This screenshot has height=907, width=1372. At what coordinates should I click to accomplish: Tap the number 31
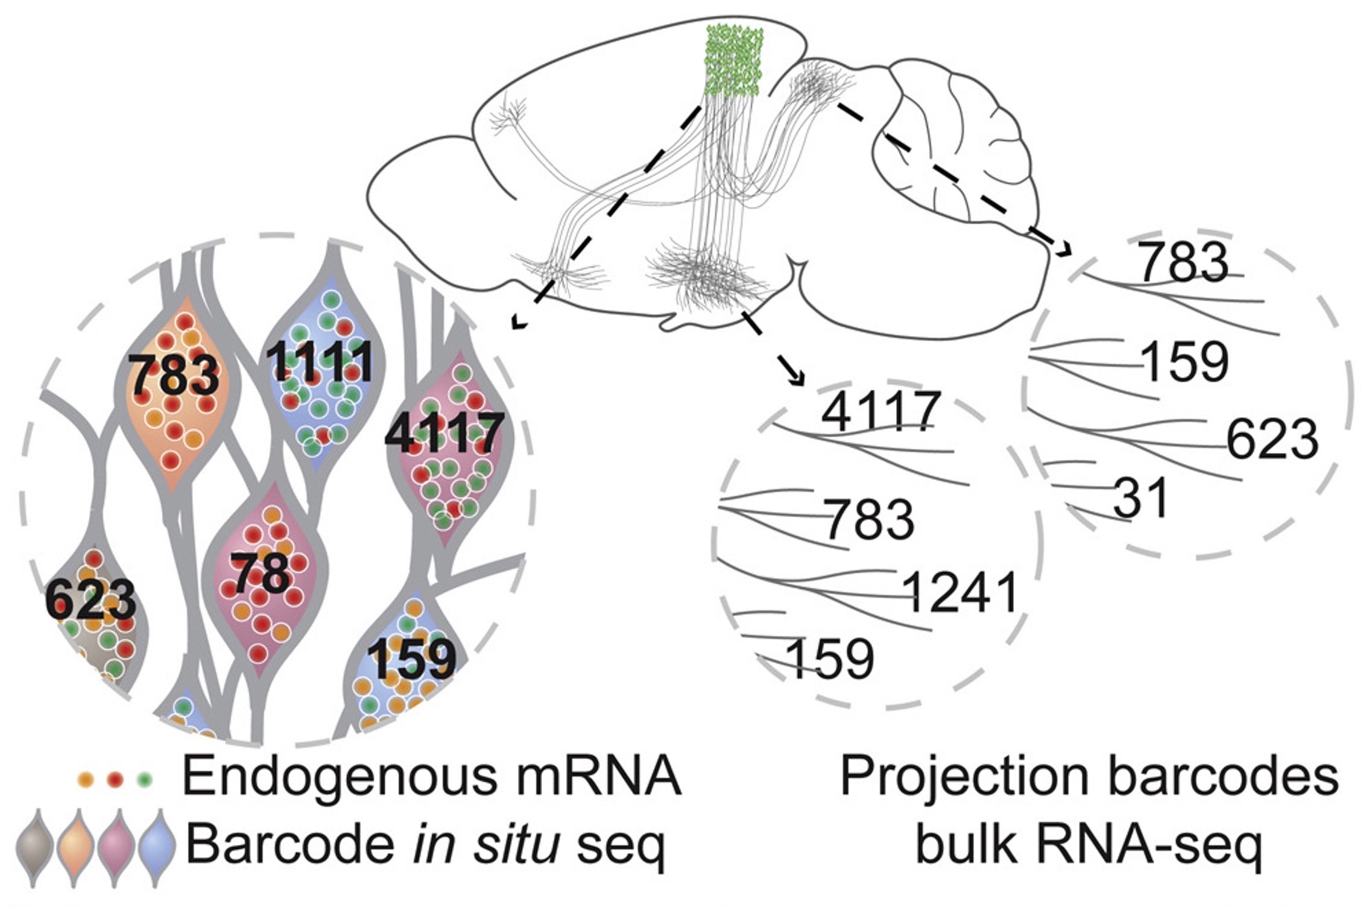click(x=1140, y=498)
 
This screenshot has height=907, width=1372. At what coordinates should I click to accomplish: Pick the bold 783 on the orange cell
click(x=174, y=375)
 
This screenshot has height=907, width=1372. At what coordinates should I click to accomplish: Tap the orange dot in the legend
click(x=85, y=780)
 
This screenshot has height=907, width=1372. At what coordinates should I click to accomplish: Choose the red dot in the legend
click(x=115, y=780)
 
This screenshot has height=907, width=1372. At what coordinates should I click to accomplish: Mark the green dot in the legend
click(x=144, y=780)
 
